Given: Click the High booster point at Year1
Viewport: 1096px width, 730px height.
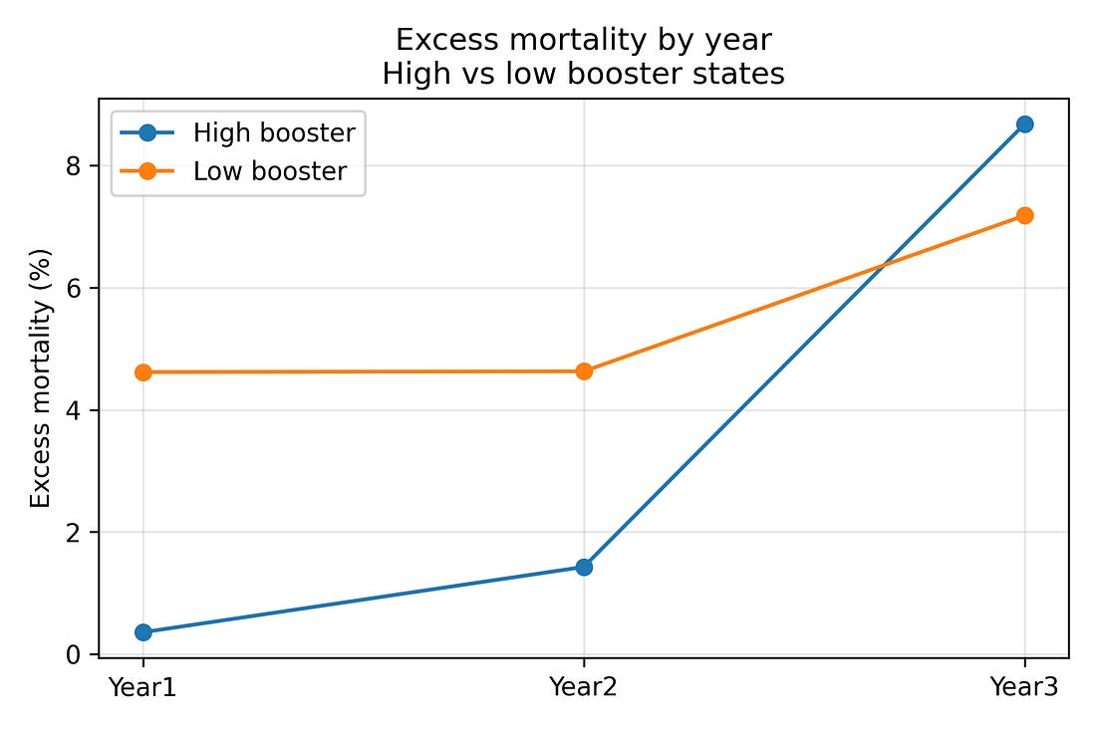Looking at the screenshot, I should (142, 631).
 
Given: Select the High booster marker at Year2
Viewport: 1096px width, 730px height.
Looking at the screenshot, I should (584, 567).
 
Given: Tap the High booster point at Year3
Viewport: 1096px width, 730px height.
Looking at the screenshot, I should (1024, 123).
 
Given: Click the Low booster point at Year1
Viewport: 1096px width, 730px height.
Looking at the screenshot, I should (142, 371).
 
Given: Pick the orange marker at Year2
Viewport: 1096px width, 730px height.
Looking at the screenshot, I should (584, 370).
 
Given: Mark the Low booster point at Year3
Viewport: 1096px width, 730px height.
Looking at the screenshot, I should (1024, 215).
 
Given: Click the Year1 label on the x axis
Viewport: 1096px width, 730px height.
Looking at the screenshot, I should (142, 686).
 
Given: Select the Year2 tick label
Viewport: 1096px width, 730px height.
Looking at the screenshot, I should (584, 686).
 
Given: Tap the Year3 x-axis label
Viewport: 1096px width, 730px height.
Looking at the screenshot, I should (1024, 686).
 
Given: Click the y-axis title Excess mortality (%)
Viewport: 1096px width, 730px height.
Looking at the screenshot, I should (40, 377).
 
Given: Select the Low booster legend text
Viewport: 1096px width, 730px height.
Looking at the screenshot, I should (270, 171).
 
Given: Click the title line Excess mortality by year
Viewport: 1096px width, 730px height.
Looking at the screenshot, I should (584, 39).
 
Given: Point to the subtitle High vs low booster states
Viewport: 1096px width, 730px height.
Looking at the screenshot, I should (584, 74).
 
